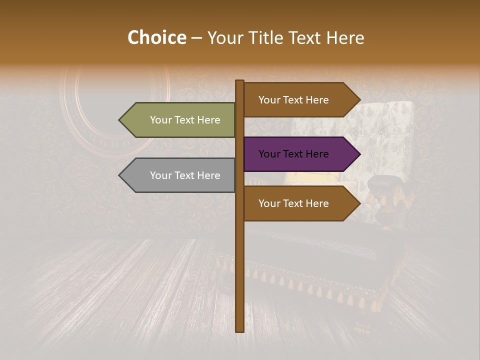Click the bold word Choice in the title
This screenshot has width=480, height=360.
click(156, 38)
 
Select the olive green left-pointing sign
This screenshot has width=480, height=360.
click(180, 120)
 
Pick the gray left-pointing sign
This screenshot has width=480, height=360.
click(180, 175)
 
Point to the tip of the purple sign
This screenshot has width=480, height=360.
click(359, 154)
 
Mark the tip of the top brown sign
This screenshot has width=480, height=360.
click(359, 100)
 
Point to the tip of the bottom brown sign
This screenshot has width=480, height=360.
click(359, 203)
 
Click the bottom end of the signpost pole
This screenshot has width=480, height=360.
click(240, 330)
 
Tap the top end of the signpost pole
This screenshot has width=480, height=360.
click(240, 82)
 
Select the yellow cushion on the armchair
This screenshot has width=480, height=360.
click(305, 178)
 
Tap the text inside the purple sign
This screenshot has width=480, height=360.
click(293, 154)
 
